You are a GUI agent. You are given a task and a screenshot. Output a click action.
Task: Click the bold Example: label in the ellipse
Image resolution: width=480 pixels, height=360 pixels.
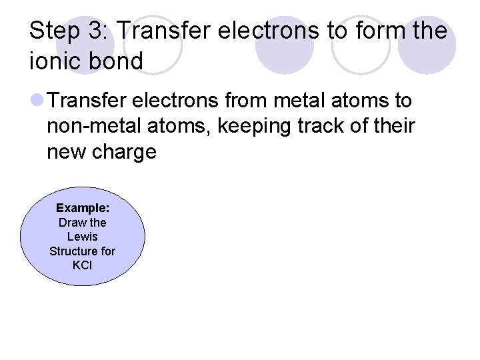click(x=83, y=208)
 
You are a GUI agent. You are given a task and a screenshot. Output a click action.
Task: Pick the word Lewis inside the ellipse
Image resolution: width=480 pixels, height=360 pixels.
click(x=83, y=237)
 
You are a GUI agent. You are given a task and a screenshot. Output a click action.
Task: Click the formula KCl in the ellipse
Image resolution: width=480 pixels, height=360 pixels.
click(x=83, y=265)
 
